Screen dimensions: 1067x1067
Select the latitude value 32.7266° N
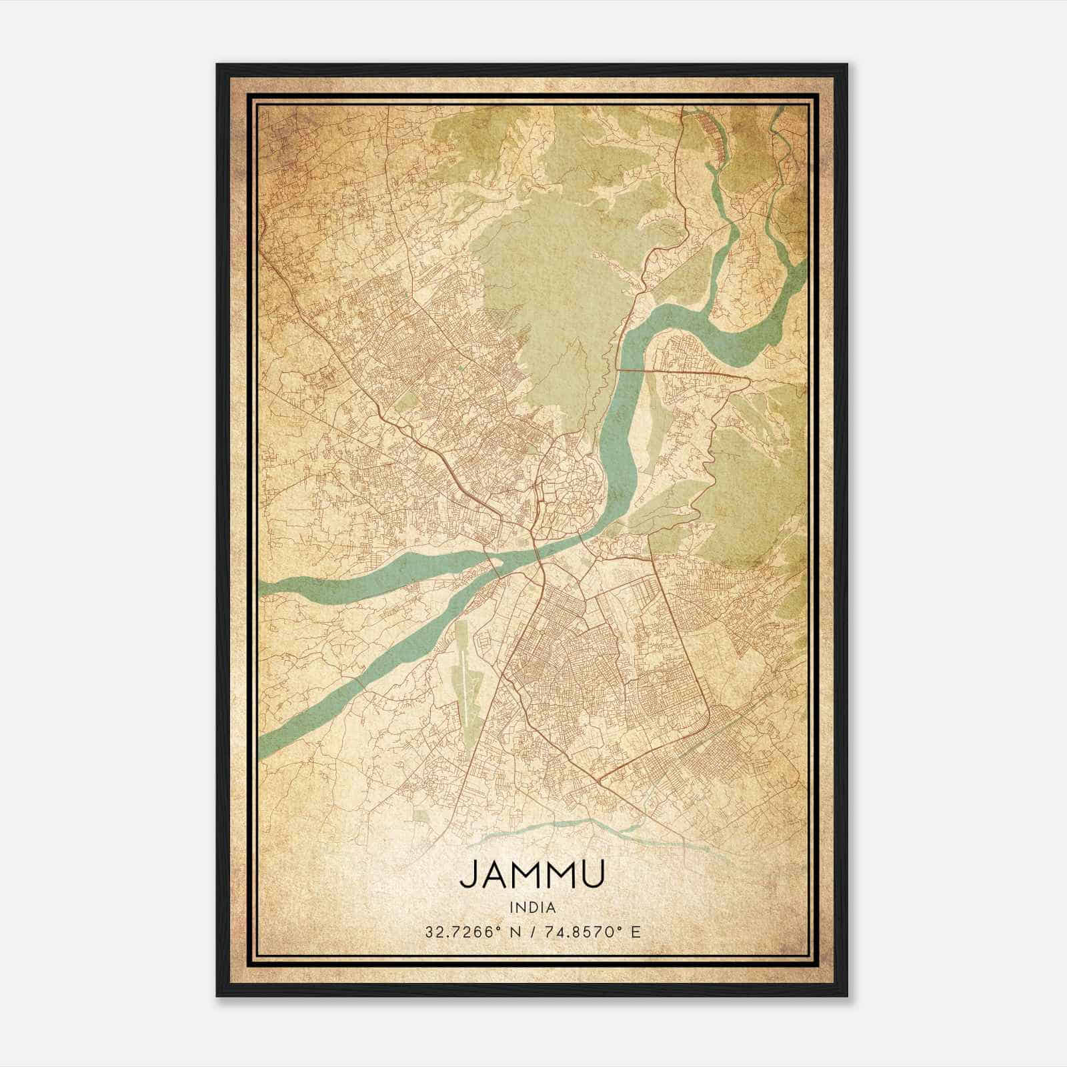point(467,932)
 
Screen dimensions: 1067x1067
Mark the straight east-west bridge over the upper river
point(680,370)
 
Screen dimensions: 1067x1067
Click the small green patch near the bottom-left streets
point(421,816)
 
